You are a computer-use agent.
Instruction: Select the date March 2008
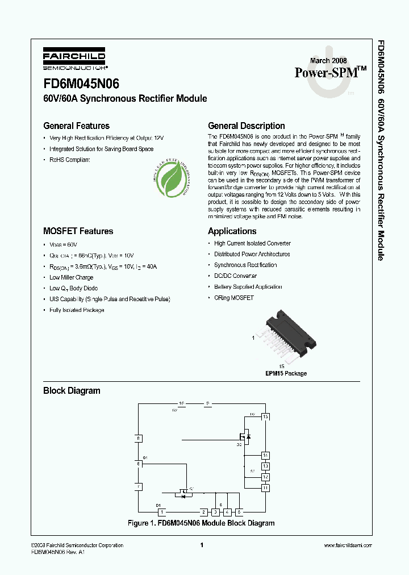[x=328, y=61]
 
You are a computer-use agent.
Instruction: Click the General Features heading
[x=76, y=126]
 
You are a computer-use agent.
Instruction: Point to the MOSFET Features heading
[x=78, y=231]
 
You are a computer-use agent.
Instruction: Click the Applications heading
[x=232, y=231]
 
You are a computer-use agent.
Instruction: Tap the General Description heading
[x=246, y=126]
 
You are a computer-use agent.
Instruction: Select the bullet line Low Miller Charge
[x=71, y=277]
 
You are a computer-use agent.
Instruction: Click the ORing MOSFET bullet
[x=233, y=298]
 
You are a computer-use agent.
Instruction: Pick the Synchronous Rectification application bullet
[x=245, y=265]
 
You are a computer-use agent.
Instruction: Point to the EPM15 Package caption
[x=286, y=373]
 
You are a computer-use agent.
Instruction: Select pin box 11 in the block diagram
[x=265, y=488]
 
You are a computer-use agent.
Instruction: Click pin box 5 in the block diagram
[x=240, y=511]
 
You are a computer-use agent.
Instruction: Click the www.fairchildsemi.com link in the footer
[x=347, y=545]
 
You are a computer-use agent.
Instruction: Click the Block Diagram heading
[x=72, y=391]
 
